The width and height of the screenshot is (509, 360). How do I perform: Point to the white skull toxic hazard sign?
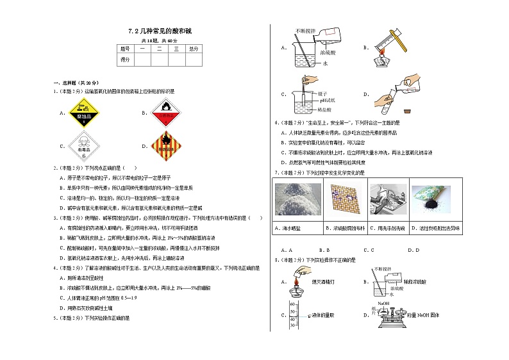click(83, 147)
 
